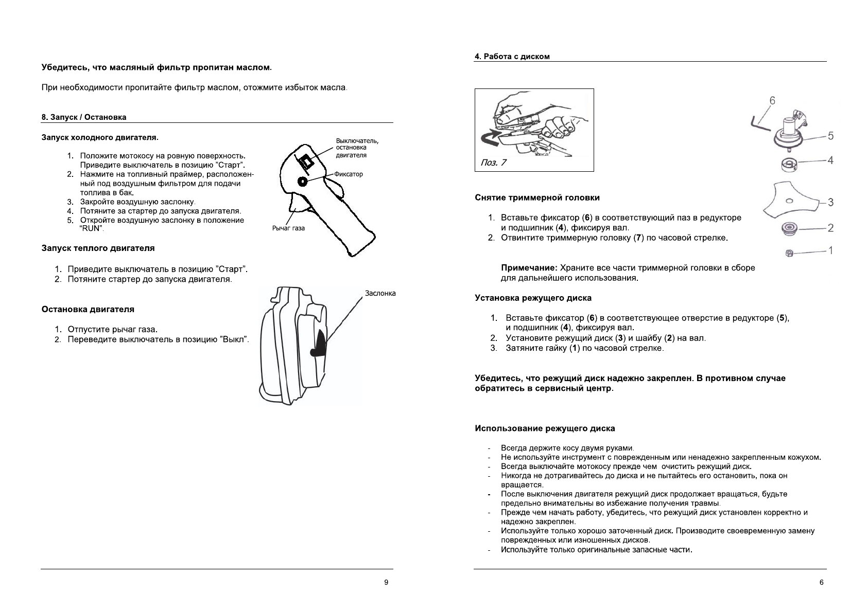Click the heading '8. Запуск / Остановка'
coord(84,117)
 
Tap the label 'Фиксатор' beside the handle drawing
coord(349,174)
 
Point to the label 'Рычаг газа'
coord(288,228)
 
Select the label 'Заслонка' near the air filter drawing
coord(380,293)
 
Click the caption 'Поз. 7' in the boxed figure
coord(493,163)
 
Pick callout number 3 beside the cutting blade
coord(830,202)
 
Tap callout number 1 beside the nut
coord(830,250)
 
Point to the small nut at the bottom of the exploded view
coord(789,253)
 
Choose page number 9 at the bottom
coord(386,583)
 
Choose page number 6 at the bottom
coord(821,583)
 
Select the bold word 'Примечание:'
coord(529,268)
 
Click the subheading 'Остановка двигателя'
coord(88,310)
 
